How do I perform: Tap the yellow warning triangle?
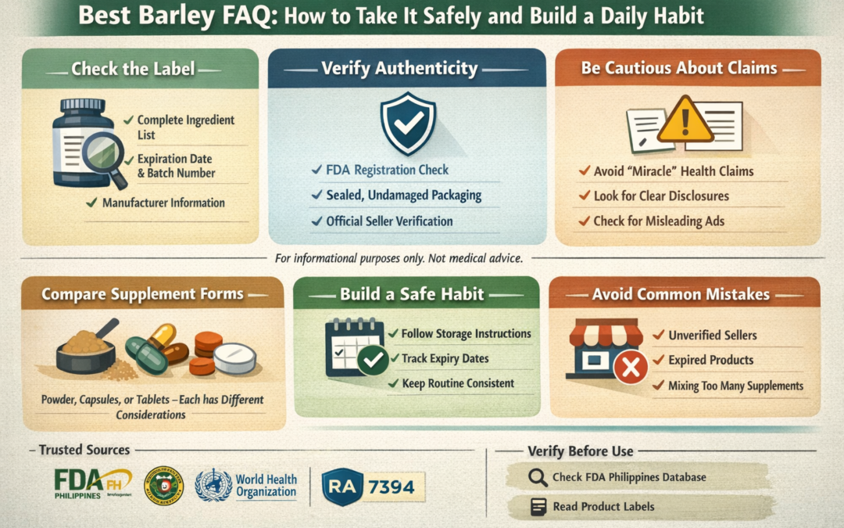click(685, 120)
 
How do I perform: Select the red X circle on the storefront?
click(630, 366)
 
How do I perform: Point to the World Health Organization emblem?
click(213, 485)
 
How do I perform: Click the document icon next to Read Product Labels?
click(538, 506)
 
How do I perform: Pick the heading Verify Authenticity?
click(399, 68)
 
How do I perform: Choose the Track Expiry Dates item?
click(445, 358)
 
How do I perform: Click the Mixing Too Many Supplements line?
click(735, 385)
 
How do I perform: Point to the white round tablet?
click(234, 357)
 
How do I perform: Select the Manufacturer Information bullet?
click(163, 203)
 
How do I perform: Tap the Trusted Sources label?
click(84, 450)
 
